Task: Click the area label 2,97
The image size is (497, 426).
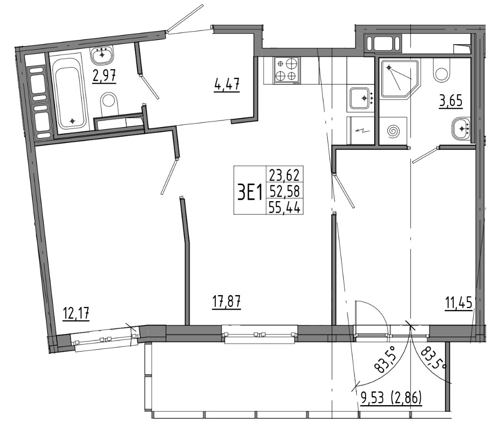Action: coord(104,75)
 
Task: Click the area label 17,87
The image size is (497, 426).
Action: coord(226,302)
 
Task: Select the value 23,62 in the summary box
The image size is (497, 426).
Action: coord(284,175)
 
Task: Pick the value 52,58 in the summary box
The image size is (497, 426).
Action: coord(284,191)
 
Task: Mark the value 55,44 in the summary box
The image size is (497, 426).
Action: coord(284,207)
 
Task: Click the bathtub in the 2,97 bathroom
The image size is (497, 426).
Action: coord(70,93)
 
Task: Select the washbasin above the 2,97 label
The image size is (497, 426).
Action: coord(102,55)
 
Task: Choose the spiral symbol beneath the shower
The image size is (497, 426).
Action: coord(395,131)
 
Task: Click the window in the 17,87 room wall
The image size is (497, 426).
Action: coord(259,334)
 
